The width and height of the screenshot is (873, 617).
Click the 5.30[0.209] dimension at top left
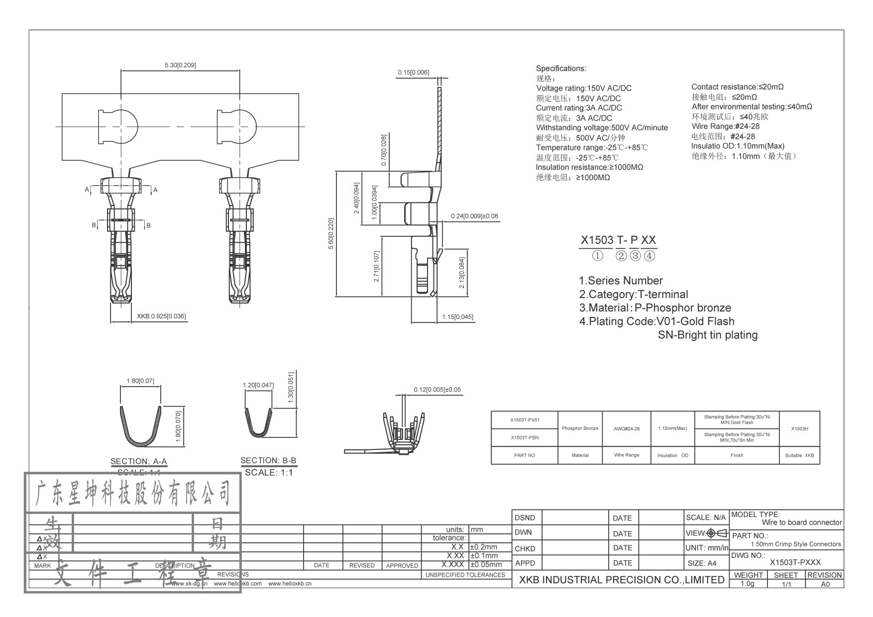[x=180, y=65]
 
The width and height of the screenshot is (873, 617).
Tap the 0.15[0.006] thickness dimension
[x=413, y=73]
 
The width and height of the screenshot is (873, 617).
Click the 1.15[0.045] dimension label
[x=457, y=317]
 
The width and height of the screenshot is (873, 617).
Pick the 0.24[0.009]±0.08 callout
[x=474, y=216]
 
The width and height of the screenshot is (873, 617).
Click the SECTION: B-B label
[x=268, y=461]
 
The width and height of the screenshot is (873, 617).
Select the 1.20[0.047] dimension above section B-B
[x=258, y=385]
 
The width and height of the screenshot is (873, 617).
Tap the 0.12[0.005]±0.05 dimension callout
[x=437, y=390]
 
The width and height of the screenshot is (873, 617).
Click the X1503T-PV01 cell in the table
[x=524, y=420]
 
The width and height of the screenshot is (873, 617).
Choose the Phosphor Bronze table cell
[x=580, y=428]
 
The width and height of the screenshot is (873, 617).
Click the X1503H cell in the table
[x=799, y=428]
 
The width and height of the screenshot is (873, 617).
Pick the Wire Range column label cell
[x=627, y=455]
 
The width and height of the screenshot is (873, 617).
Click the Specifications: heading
[x=561, y=69]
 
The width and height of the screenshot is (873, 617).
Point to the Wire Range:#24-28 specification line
[x=725, y=126]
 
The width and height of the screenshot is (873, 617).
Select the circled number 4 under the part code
[x=649, y=256]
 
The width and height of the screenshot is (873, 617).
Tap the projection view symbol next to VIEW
[x=717, y=533]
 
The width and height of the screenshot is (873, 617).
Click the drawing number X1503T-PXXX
[x=795, y=563]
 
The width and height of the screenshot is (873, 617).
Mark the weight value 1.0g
[x=748, y=584]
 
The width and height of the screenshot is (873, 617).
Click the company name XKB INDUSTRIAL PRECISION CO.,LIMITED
[x=622, y=580]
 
